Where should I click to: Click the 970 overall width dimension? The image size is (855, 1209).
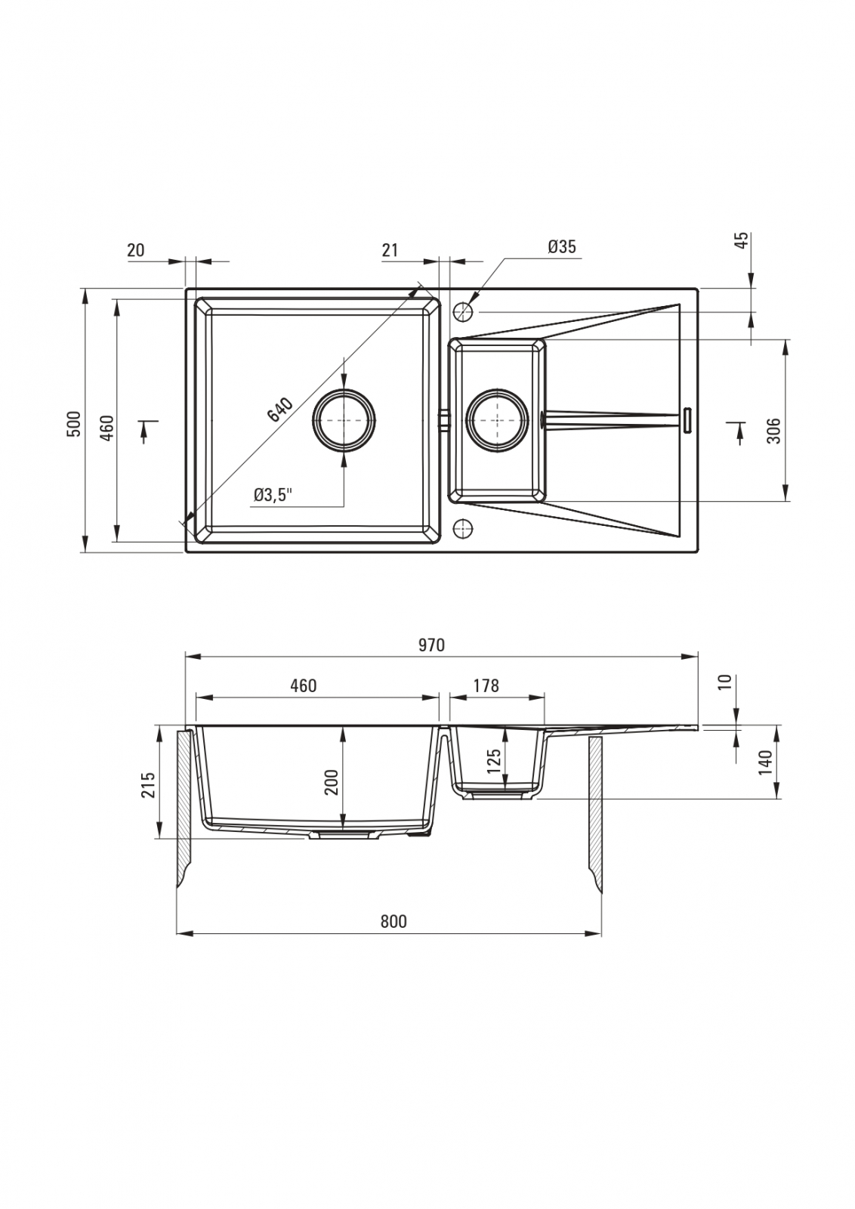point(431,645)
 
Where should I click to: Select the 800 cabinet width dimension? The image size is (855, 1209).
point(394,921)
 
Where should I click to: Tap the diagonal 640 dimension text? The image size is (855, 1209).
point(280,410)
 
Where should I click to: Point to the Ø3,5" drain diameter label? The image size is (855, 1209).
point(273,494)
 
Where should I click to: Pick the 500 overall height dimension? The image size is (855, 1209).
point(76,424)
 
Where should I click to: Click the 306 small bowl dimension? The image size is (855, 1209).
point(774,431)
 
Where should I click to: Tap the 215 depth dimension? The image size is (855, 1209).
point(150,785)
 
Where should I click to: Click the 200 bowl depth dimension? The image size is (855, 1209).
point(332,781)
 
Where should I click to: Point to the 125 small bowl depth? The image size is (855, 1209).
point(493,760)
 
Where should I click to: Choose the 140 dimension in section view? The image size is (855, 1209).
point(765,762)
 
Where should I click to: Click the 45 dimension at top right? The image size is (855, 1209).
point(742,240)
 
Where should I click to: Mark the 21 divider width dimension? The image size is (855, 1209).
point(390,250)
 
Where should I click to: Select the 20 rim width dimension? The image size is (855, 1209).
point(136,250)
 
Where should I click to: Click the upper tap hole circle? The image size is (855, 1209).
point(463,311)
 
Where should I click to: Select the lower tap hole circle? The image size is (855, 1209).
point(463,529)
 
